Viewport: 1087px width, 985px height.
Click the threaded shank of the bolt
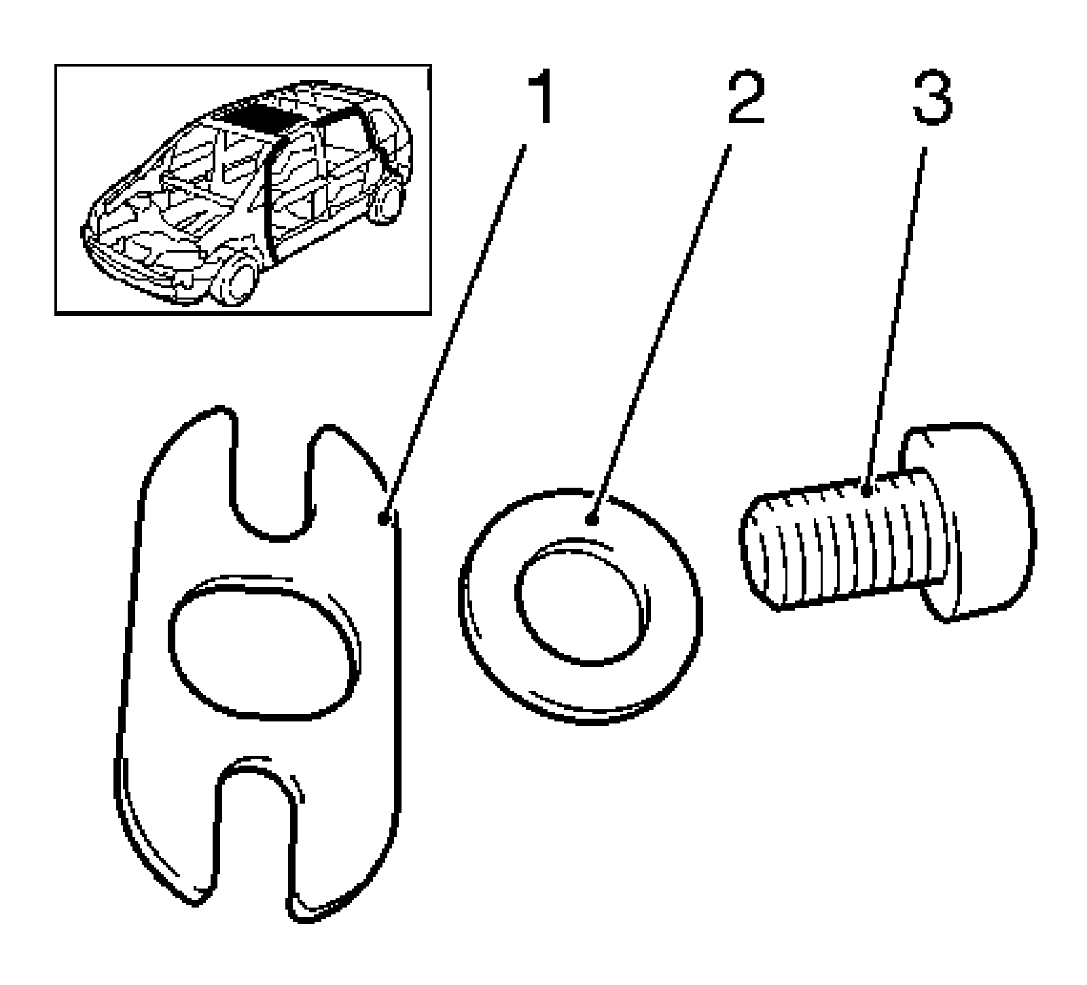click(x=842, y=543)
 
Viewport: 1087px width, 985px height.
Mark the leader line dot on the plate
click(x=384, y=520)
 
